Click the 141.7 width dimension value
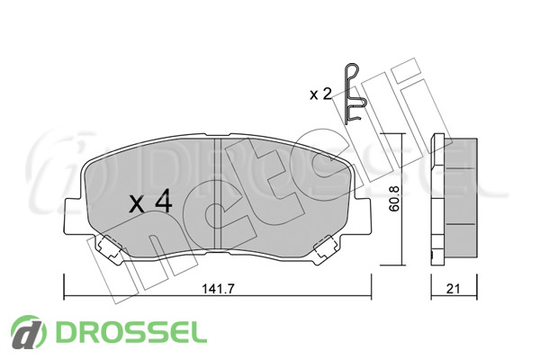218,289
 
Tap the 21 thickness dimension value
453,289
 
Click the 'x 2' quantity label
320,94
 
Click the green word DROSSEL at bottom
131,332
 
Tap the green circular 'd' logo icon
28,332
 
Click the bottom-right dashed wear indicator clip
326,246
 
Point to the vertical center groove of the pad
218,193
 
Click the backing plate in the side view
437,200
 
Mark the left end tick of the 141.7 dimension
64,287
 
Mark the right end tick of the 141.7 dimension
371,287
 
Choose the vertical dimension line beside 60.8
402,200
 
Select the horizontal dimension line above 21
454,296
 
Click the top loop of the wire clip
352,70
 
